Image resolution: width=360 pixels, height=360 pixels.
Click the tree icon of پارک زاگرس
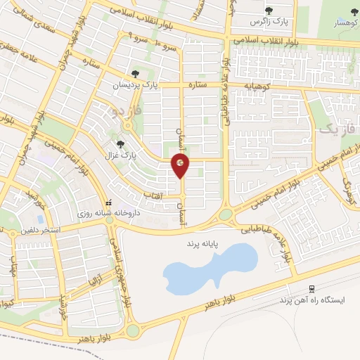tap(269, 11)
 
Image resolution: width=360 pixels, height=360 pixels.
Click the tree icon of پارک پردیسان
tap(135, 74)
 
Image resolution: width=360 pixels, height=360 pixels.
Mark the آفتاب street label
tap(162, 198)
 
